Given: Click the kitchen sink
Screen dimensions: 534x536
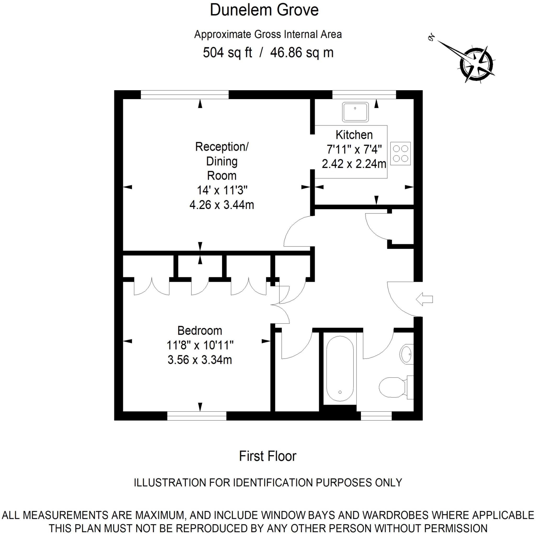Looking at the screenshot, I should pyautogui.click(x=355, y=112).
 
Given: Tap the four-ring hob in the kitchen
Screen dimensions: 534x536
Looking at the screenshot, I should pyautogui.click(x=400, y=154).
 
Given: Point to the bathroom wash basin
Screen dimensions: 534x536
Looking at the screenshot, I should pyautogui.click(x=406, y=354).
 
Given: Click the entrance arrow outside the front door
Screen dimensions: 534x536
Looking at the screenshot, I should pyautogui.click(x=425, y=299).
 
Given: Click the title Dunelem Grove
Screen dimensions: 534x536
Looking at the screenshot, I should pyautogui.click(x=264, y=10).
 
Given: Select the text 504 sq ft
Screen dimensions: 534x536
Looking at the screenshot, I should pyautogui.click(x=227, y=52).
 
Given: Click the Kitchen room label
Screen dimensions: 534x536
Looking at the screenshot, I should pyautogui.click(x=354, y=135).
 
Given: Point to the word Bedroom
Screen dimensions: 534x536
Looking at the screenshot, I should pyautogui.click(x=199, y=331).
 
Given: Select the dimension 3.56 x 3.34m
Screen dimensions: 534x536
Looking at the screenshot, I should pyautogui.click(x=199, y=360).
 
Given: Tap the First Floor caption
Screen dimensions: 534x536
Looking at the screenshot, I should pyautogui.click(x=267, y=456).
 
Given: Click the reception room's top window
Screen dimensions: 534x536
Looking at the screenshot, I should pyautogui.click(x=185, y=95).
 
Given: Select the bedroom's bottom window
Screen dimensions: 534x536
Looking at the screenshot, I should pyautogui.click(x=197, y=416).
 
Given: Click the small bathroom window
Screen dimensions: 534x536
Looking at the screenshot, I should pyautogui.click(x=376, y=416).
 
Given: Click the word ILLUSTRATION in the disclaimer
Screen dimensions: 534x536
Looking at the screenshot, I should pyautogui.click(x=170, y=483).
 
